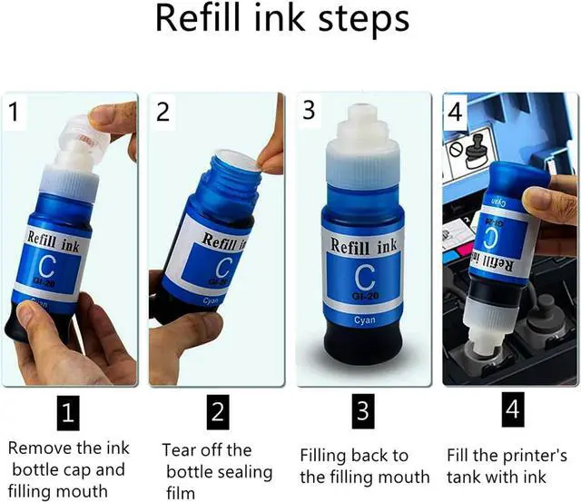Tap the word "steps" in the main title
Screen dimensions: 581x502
click(x=364, y=20)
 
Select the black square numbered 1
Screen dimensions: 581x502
click(x=68, y=413)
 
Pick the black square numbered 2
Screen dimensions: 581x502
click(x=218, y=412)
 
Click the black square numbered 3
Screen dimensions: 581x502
click(x=363, y=411)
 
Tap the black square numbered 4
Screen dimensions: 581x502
click(x=513, y=409)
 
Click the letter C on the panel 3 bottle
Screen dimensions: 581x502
click(x=365, y=277)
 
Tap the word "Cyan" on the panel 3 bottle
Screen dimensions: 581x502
click(x=365, y=320)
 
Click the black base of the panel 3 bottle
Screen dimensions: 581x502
click(x=362, y=347)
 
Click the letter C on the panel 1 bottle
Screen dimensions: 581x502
click(x=47, y=266)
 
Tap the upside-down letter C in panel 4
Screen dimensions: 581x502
click(x=492, y=237)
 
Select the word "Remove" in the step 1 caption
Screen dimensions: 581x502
click(x=40, y=448)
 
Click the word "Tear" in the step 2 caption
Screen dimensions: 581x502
click(x=180, y=450)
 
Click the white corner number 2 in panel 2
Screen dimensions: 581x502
click(x=162, y=112)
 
